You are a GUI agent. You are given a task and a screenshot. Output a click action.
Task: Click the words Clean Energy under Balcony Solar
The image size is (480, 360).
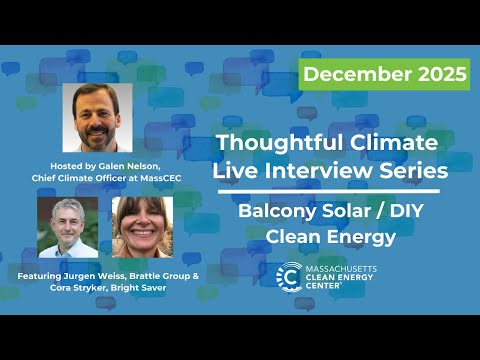click(x=327, y=237)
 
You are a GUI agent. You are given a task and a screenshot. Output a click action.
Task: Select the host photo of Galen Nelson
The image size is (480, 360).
click(x=97, y=117)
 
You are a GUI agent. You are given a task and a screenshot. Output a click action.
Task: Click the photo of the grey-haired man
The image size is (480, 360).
click(x=67, y=227)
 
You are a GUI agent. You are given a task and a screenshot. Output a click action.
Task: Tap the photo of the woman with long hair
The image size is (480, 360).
click(x=142, y=227)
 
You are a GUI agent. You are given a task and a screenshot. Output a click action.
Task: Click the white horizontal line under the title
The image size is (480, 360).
click(x=327, y=191)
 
